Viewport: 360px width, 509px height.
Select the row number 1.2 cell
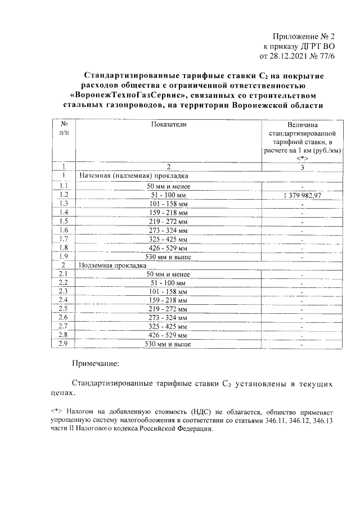tap(64, 195)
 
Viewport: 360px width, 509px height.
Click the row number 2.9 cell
tap(64, 344)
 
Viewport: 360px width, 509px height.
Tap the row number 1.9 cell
tap(64, 256)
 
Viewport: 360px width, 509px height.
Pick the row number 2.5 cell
tap(64, 309)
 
